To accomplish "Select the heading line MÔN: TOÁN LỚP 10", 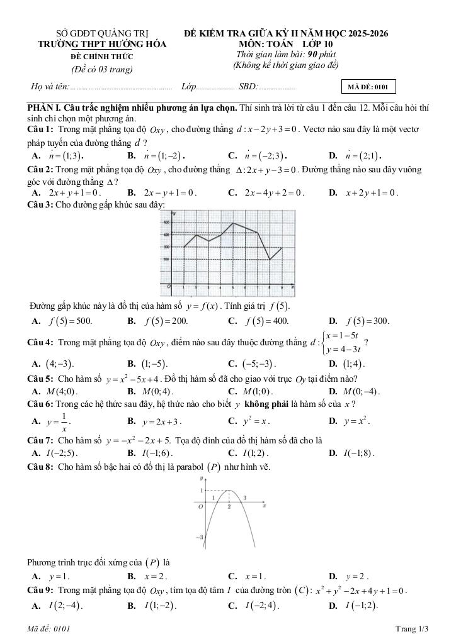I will (x=287, y=45).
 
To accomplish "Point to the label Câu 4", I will (x=40, y=343).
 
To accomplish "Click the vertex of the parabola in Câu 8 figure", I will (x=229, y=491).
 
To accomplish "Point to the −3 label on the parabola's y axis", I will (x=200, y=538).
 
